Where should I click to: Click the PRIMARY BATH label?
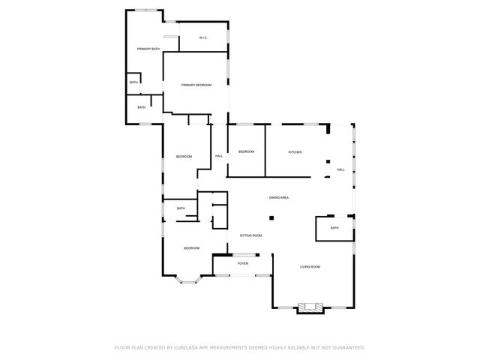coord(148,49)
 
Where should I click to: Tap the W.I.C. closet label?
coord(202,37)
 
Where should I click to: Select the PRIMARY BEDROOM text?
coord(196,85)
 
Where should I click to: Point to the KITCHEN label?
coord(295,152)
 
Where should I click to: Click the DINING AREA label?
coord(279,197)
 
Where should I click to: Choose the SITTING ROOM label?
coord(250,235)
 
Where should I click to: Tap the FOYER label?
coord(243,264)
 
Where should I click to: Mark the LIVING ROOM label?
coord(310,267)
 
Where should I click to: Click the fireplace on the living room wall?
coord(310,307)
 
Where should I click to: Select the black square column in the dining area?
coord(272,218)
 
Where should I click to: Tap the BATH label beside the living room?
coord(334,228)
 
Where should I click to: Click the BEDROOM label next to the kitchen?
coord(246,152)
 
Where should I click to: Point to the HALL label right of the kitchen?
coord(340,169)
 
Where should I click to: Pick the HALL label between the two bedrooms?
coord(219,156)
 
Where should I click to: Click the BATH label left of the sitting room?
coord(181,208)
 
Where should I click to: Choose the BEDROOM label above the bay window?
coord(191,248)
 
